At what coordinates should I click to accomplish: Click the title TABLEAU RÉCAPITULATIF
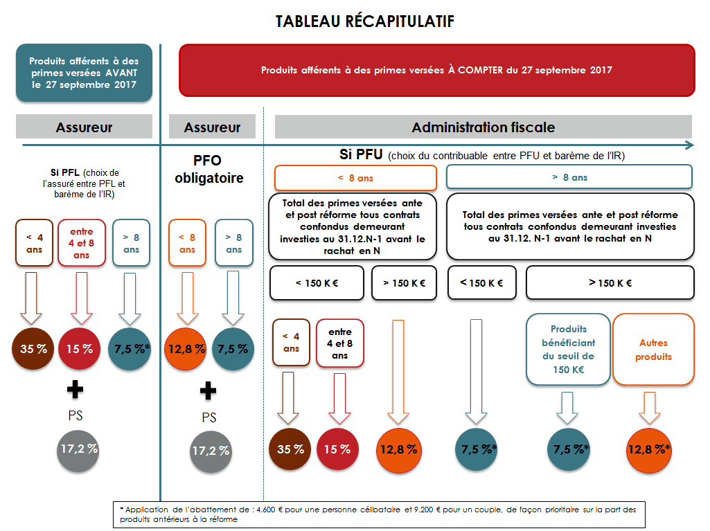click(364, 21)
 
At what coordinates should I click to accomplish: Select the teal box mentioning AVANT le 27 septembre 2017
click(85, 73)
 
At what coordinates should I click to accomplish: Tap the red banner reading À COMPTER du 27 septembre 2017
click(437, 70)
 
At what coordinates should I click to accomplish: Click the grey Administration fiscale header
click(483, 127)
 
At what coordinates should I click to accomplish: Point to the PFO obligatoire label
click(208, 169)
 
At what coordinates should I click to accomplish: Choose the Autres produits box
click(653, 350)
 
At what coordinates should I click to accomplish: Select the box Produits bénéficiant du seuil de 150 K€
click(568, 350)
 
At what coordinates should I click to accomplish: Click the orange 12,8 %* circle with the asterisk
click(649, 449)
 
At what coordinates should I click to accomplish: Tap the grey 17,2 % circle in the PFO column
click(211, 451)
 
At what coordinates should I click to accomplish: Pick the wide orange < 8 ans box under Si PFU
click(355, 178)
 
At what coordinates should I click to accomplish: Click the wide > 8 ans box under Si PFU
click(569, 177)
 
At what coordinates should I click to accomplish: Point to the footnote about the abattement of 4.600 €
click(379, 514)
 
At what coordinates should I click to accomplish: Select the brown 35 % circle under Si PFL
click(33, 348)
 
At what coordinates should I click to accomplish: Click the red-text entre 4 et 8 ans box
click(82, 243)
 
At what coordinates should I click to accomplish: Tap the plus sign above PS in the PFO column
click(208, 390)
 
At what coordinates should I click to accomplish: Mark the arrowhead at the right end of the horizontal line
click(690, 145)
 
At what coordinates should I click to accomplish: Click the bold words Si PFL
click(64, 172)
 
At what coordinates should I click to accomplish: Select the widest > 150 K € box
click(610, 283)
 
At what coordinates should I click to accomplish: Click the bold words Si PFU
click(361, 154)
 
